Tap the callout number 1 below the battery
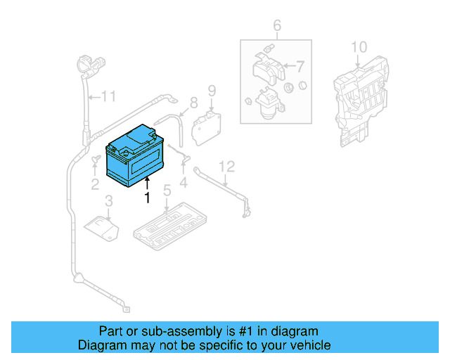(x=148, y=198)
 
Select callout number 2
(x=94, y=184)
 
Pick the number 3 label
(x=108, y=203)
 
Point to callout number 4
(x=184, y=184)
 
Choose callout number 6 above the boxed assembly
(x=277, y=27)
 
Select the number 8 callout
(x=193, y=103)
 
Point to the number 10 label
(x=359, y=47)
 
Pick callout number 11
(x=107, y=96)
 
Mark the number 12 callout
(x=226, y=167)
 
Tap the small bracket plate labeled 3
(x=102, y=226)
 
